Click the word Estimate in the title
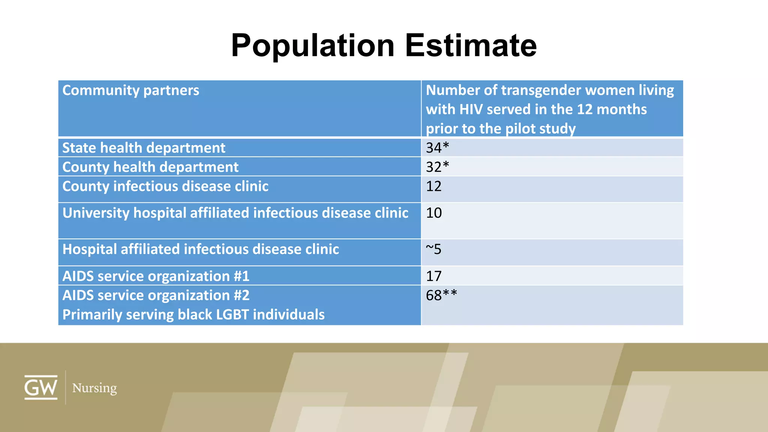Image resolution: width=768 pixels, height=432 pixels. (x=471, y=46)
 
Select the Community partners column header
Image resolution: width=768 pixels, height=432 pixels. (x=130, y=90)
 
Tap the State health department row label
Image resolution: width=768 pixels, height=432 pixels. (x=144, y=148)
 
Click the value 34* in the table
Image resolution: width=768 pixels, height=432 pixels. (x=437, y=148)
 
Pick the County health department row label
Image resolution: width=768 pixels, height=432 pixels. (x=150, y=167)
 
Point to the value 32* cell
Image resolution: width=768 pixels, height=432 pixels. (x=437, y=167)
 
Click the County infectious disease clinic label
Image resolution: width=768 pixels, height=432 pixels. (x=165, y=186)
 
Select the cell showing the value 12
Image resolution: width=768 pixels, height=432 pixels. (x=433, y=186)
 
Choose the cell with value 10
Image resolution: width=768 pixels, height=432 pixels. (x=433, y=213)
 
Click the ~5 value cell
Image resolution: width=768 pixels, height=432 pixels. (x=433, y=249)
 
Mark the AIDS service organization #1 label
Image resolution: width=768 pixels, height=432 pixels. (x=156, y=276)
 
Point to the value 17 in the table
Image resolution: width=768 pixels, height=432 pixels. (x=433, y=276)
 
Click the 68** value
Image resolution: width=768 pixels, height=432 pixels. (x=441, y=295)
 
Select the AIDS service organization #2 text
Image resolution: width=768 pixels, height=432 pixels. (x=156, y=295)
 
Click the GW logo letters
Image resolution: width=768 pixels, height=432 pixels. (x=41, y=388)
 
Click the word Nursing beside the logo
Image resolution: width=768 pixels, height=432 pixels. (x=94, y=388)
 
